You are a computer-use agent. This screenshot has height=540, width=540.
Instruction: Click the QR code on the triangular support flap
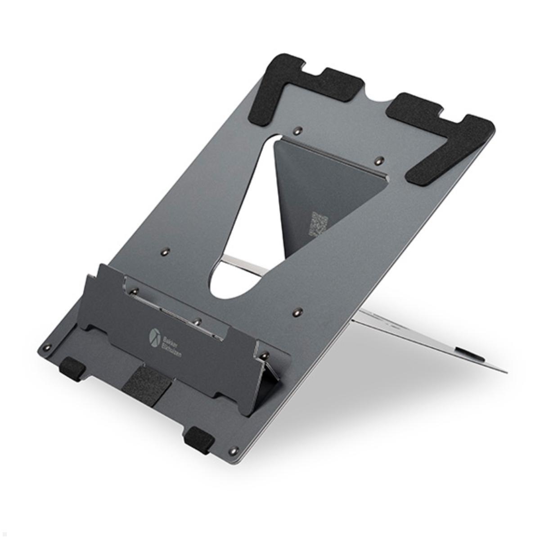click(x=319, y=224)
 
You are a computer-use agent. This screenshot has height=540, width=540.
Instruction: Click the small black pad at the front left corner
click(x=72, y=368)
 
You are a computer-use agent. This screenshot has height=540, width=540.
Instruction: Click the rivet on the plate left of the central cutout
click(x=166, y=250)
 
